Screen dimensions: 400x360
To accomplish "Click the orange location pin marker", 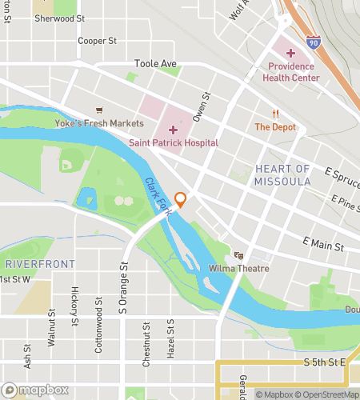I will tap(181, 200).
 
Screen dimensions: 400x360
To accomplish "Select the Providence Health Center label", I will tap(293, 72).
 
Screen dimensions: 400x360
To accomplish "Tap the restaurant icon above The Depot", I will tap(275, 114).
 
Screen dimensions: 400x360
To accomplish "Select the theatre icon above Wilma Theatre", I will tap(238, 255).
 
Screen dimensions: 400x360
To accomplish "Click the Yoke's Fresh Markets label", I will tap(100, 123).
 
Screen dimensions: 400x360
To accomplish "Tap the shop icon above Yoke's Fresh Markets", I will tap(99, 110).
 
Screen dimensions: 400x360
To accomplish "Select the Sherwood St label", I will tap(59, 18).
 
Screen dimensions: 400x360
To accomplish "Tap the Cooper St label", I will tap(98, 40).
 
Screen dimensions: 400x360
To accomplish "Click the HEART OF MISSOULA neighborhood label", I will tap(282, 175).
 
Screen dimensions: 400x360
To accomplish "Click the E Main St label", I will tap(322, 241).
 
